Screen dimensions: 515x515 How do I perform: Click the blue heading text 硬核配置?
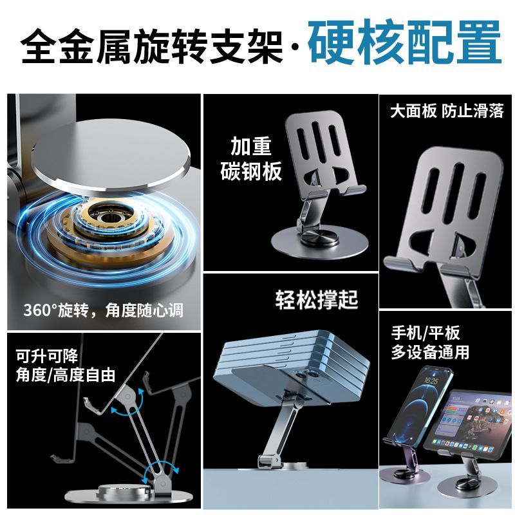pos(405,42)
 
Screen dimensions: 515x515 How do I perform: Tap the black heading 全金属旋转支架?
pos(152,46)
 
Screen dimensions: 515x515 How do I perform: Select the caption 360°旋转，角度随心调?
pos(104,310)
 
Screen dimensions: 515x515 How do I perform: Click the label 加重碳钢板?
pos(251,158)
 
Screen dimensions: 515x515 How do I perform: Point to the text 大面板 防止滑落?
pos(447,111)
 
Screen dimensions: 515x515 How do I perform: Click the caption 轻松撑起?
pos(317,299)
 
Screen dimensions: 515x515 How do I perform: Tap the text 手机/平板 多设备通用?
pos(430,342)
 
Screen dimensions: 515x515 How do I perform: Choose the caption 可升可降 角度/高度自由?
pos(66,366)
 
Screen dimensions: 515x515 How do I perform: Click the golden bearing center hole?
pos(106,218)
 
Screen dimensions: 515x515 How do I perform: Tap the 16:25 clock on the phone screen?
pos(431,381)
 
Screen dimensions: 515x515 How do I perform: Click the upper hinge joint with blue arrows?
pos(127,397)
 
